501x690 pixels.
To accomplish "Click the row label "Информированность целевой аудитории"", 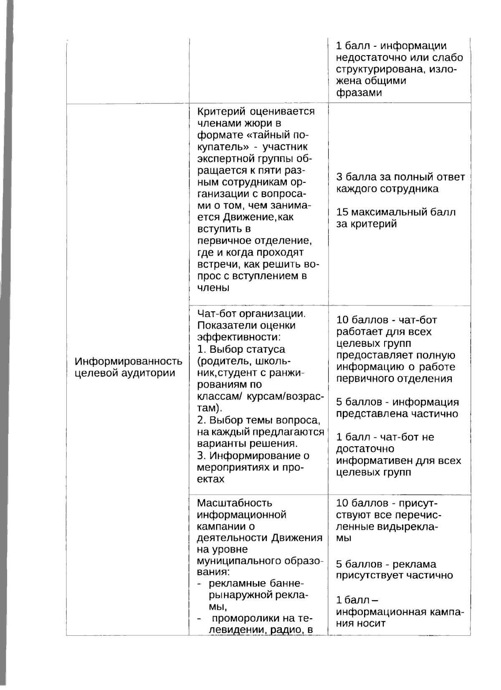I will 128,367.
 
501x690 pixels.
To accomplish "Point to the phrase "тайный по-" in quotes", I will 284,135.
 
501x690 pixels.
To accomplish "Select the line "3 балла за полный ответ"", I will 400,177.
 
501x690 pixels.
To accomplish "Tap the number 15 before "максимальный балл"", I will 342,212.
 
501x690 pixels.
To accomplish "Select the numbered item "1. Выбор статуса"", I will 241,349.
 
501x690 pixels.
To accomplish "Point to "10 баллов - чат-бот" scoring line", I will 386,320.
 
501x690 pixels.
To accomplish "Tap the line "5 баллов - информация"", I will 397,402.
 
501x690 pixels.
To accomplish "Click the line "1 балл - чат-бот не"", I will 385,437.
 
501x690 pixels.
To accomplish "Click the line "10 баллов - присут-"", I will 387,503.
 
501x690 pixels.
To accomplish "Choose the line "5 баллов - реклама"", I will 386,564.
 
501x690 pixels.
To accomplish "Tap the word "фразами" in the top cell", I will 359,93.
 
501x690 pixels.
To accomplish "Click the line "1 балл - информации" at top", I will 391,46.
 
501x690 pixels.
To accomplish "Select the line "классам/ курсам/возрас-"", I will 260,396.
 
